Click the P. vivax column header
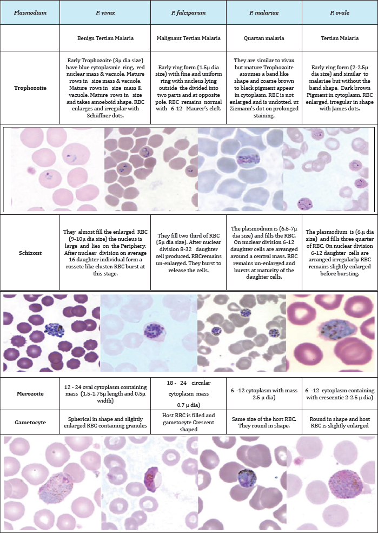click(x=105, y=13)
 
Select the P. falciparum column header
click(x=189, y=13)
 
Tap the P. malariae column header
click(x=264, y=13)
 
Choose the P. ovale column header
click(x=340, y=13)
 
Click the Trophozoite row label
click(x=30, y=88)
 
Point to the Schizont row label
click(x=30, y=254)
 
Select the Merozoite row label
click(x=30, y=393)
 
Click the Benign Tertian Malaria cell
click(x=105, y=38)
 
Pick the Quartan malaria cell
click(x=264, y=38)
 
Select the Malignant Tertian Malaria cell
click(x=189, y=38)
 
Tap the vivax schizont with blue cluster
click(x=54, y=330)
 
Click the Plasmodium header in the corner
click(x=30, y=13)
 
